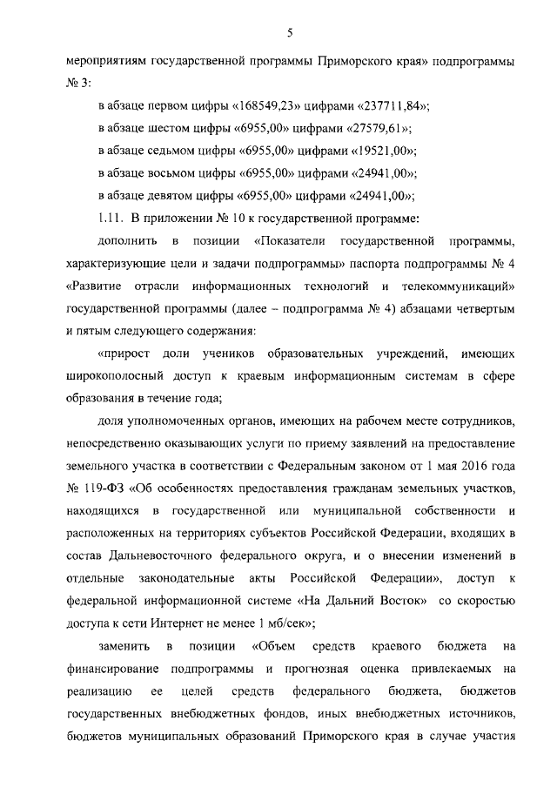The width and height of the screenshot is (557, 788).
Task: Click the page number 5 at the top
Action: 290,33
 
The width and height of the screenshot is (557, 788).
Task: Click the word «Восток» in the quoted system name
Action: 401,603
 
